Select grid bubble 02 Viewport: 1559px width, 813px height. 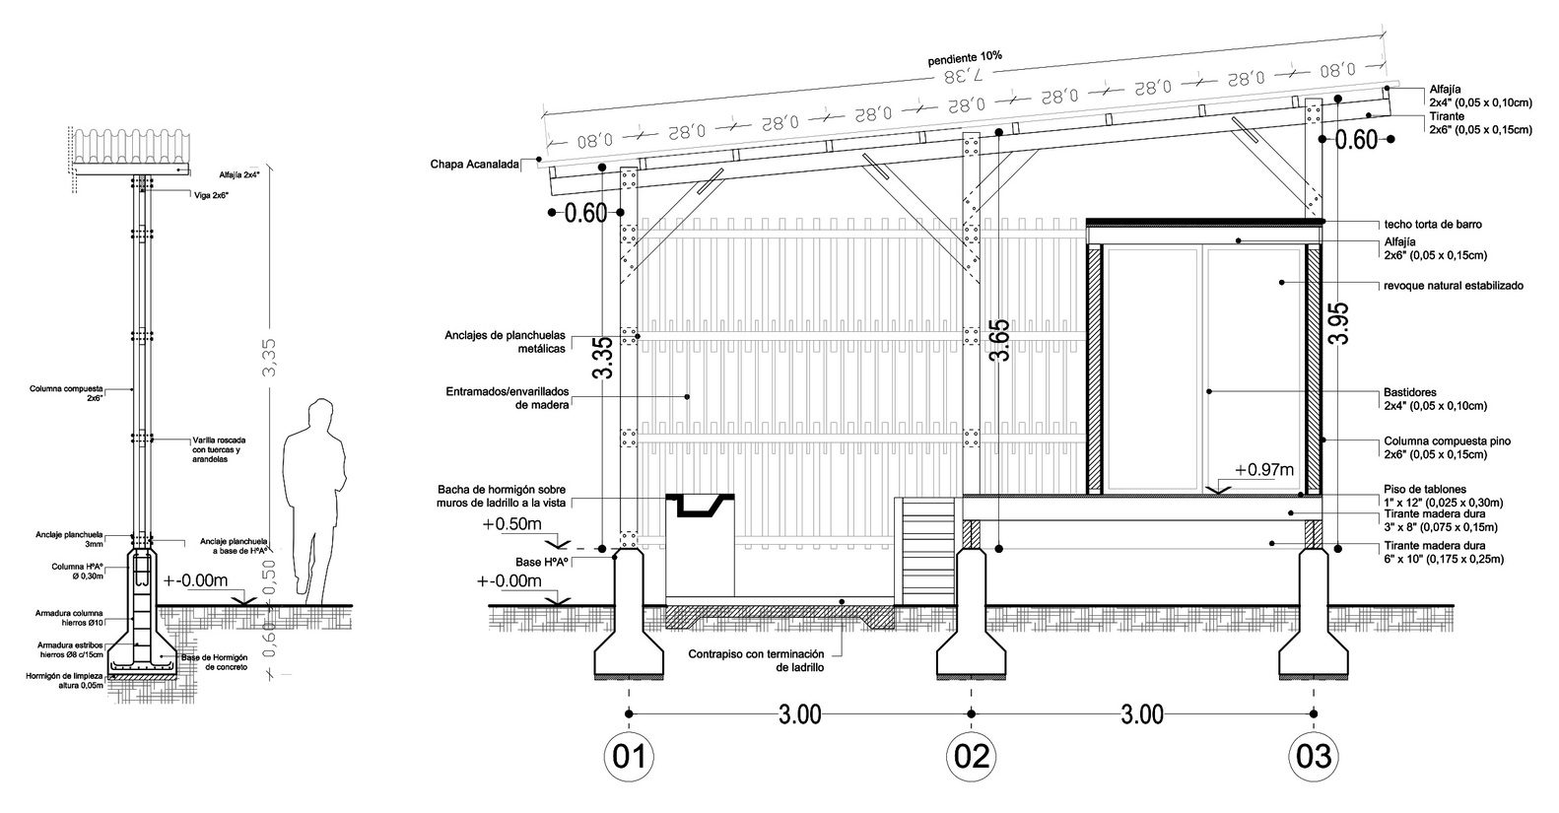[x=971, y=757]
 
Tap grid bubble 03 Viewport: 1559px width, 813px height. [x=1314, y=757]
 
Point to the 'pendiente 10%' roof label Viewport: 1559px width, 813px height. [x=965, y=58]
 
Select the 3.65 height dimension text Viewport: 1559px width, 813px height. [x=999, y=341]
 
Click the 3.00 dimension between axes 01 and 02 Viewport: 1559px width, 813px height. [x=799, y=714]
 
